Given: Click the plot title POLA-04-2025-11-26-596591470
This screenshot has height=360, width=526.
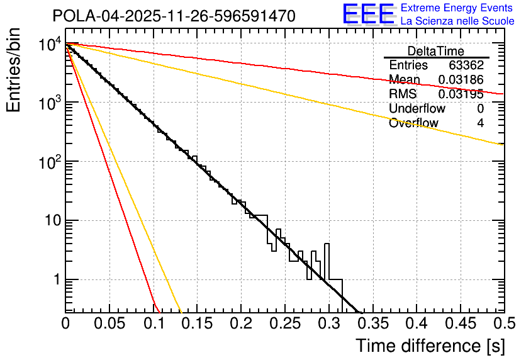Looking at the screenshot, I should point(174,16).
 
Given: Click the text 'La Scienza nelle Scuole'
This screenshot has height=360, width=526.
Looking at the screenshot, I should point(457,21).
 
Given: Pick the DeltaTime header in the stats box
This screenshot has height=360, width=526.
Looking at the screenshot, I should point(436,51).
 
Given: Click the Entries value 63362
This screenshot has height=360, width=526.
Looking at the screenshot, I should point(466,65).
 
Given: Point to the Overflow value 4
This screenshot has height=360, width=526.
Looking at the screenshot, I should point(480,123).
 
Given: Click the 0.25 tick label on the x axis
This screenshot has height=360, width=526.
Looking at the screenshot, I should point(284,324).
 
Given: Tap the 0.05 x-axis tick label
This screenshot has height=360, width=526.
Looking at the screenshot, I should point(109,324).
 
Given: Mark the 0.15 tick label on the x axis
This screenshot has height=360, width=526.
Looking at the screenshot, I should point(196,324).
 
